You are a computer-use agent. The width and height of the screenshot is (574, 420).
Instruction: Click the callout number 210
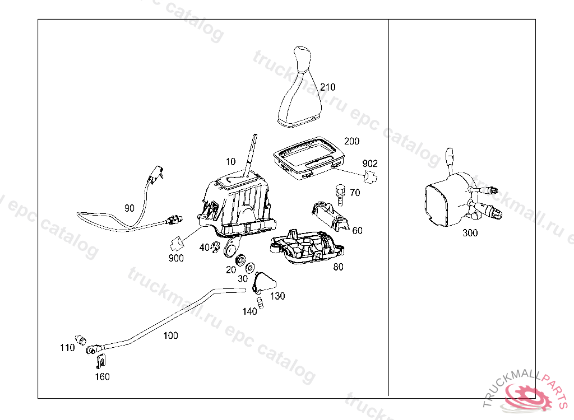328,87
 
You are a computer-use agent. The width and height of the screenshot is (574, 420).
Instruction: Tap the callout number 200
352,141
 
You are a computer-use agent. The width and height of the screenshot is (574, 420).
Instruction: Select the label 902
370,164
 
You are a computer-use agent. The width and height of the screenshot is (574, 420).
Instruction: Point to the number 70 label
355,193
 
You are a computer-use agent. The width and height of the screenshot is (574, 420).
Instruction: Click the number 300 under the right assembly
470,233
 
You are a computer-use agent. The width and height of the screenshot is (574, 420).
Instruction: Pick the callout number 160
102,376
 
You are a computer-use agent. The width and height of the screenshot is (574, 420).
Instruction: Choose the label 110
67,348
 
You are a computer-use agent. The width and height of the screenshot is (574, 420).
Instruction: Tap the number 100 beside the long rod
170,335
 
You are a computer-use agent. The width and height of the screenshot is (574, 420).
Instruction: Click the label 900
175,258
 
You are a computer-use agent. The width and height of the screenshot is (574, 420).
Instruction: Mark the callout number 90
129,208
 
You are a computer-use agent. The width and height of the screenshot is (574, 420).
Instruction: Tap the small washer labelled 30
249,265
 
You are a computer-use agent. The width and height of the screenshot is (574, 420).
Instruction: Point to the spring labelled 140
261,303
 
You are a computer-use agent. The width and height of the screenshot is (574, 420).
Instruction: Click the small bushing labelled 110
81,340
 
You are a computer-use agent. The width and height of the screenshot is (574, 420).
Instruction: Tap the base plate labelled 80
308,247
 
